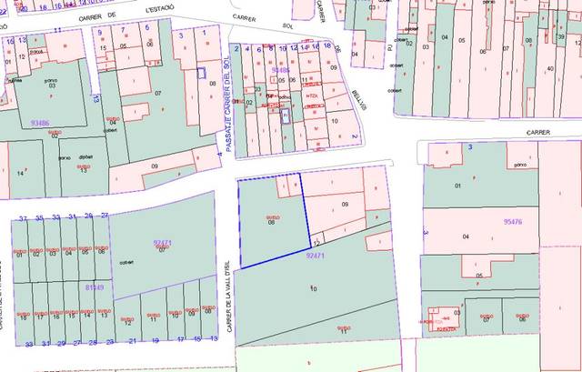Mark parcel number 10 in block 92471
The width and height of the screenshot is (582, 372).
(x=314, y=288)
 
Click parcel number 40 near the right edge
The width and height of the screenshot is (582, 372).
(x=550, y=69)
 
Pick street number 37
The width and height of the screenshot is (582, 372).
(x=23, y=218)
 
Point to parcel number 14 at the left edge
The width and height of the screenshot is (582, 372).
(x=20, y=172)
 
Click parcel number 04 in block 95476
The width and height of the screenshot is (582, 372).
(x=466, y=236)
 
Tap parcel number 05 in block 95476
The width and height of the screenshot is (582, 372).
(x=478, y=275)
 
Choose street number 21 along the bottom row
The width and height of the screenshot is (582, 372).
(x=133, y=341)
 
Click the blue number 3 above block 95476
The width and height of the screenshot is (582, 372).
(x=469, y=147)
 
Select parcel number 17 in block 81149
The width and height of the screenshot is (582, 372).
(x=37, y=318)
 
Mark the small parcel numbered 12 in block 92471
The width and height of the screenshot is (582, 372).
(x=316, y=244)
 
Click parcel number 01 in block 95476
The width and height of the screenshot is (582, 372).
(x=457, y=186)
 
